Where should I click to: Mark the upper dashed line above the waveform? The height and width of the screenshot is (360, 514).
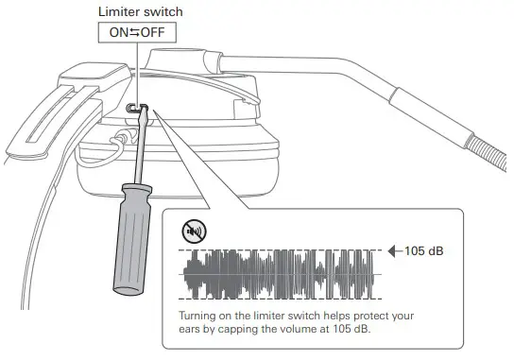point(283,249)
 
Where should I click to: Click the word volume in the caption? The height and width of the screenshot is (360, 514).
point(296,329)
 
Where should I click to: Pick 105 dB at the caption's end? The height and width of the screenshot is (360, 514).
point(351,329)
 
